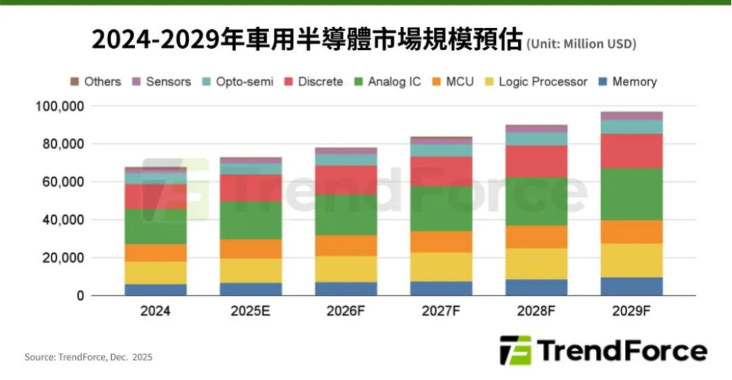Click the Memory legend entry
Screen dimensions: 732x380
coord(628,82)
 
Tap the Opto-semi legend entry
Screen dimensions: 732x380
coord(238,82)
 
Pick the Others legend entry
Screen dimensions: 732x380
coord(96,82)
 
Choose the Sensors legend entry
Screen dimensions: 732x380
coord(162,82)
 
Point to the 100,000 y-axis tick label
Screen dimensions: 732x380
coord(60,106)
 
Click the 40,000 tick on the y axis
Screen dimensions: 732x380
coord(64,220)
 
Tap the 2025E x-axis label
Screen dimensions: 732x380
coord(251,311)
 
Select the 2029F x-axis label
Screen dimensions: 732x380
coord(631,311)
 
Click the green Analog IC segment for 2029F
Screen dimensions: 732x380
coord(631,194)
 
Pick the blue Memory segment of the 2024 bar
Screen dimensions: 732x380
coord(155,290)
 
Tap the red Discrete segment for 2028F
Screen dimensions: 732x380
coord(536,161)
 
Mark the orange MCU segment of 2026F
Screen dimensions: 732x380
coord(346,246)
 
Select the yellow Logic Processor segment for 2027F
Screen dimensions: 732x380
coord(441,267)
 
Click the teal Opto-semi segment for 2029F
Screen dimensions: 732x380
coord(631,127)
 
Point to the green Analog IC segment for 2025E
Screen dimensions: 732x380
coord(251,221)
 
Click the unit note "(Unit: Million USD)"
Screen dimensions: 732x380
coord(582,44)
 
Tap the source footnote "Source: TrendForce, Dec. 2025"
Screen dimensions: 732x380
coord(89,357)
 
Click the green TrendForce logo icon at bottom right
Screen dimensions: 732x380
coord(516,350)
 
